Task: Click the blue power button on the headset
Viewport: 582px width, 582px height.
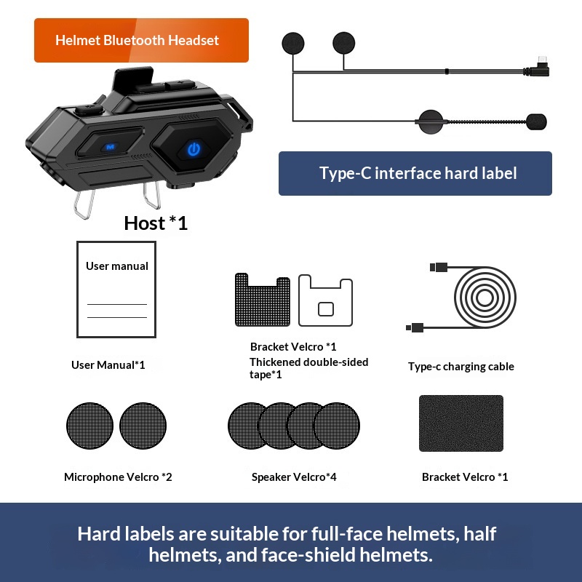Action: point(194,149)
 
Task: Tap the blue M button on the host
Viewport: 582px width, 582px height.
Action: point(110,147)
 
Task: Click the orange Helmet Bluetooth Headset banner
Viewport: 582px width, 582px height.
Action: point(141,40)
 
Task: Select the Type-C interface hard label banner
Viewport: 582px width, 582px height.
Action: point(415,173)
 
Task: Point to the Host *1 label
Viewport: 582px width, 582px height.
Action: point(156,223)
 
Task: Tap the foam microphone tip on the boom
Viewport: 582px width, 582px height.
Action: point(536,121)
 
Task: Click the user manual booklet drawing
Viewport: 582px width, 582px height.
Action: point(116,290)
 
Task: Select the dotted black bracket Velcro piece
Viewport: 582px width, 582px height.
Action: point(263,300)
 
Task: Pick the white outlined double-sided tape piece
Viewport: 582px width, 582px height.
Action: point(325,300)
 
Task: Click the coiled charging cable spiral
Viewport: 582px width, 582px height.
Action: point(485,297)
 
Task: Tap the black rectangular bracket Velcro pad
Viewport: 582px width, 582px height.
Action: point(461,423)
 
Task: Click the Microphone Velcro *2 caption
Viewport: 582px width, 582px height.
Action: point(118,477)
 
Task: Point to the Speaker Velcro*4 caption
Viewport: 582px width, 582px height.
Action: point(294,477)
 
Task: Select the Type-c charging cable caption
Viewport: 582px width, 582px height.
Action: point(461,367)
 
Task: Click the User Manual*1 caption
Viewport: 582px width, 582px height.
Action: point(108,365)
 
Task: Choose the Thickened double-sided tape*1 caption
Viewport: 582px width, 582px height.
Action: point(308,368)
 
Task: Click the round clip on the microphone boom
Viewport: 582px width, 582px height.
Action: point(431,121)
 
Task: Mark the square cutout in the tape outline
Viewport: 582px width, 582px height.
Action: point(326,309)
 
